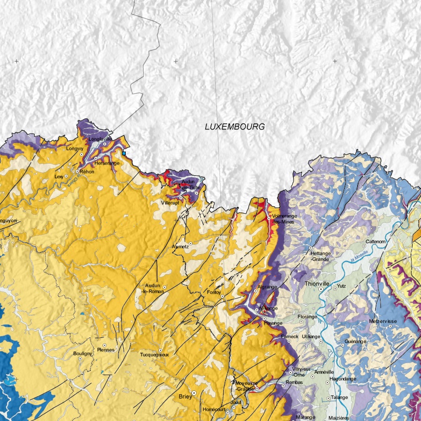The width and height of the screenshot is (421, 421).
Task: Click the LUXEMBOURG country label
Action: (x=234, y=127)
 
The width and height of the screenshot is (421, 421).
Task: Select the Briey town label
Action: (x=185, y=397)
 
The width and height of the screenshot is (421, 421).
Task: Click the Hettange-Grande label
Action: (x=320, y=256)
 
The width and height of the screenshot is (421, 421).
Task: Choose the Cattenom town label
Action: (x=376, y=242)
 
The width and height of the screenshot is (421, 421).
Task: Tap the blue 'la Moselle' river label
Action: (x=358, y=255)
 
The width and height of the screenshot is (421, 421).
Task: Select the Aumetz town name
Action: (x=181, y=246)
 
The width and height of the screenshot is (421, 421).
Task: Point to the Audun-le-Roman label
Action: (x=152, y=288)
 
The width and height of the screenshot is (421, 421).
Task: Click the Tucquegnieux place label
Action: (x=155, y=355)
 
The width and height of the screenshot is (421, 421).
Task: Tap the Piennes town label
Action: (x=106, y=349)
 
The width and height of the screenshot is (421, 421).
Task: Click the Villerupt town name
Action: (x=171, y=203)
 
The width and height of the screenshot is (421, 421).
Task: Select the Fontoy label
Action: (x=214, y=292)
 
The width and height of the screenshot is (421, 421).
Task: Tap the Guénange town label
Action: (x=355, y=342)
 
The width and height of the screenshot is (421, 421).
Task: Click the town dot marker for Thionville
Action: (x=320, y=289)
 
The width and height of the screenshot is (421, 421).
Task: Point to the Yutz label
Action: (x=341, y=287)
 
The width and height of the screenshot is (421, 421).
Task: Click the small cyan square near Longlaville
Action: (x=125, y=153)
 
